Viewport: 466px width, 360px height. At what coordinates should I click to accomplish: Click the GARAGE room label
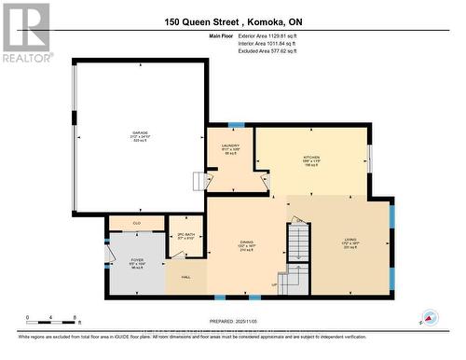(x=139, y=133)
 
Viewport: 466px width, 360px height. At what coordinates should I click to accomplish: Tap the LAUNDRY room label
(x=230, y=145)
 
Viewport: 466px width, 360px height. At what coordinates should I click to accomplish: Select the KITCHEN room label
(x=311, y=158)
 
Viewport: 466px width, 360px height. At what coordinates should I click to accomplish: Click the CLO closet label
(x=136, y=223)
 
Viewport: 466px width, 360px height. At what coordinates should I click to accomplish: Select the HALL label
(x=185, y=277)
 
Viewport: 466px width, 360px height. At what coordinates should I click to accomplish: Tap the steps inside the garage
(x=198, y=181)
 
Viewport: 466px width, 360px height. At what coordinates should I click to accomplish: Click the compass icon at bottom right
(x=430, y=318)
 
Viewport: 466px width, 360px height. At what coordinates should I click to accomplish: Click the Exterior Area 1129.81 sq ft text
(x=279, y=36)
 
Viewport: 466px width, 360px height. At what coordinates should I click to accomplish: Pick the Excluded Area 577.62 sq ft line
(x=279, y=51)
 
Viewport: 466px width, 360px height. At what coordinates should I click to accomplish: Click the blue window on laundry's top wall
(x=237, y=124)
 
